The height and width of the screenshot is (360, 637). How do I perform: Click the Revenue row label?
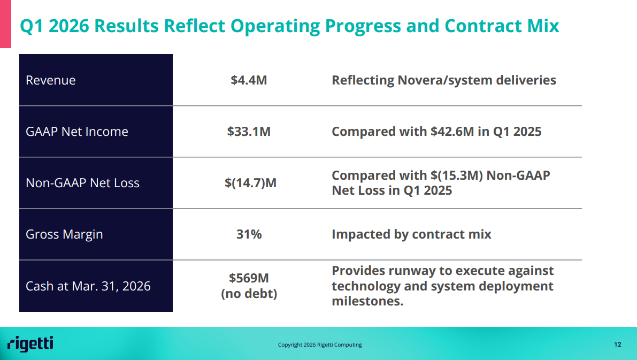(x=50, y=80)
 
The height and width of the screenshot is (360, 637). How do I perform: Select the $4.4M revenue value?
(x=249, y=80)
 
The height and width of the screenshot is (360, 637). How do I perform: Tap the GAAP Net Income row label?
(x=77, y=131)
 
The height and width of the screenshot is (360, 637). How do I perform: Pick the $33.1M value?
(x=249, y=131)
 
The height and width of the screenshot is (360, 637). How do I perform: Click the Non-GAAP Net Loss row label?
(x=82, y=183)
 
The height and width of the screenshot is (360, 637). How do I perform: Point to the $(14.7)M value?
(x=250, y=183)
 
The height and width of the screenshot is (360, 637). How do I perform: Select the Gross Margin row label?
(x=64, y=234)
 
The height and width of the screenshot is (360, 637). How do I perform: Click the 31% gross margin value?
(x=249, y=234)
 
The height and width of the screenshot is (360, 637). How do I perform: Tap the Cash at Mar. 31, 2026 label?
(x=88, y=286)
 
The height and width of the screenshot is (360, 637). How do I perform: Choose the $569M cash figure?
(x=249, y=278)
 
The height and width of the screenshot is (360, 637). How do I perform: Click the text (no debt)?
(x=249, y=293)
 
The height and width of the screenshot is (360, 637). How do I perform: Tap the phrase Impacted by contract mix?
(x=411, y=234)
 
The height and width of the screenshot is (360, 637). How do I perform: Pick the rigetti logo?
(x=30, y=344)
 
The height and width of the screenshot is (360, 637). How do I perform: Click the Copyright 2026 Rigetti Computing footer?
(x=320, y=344)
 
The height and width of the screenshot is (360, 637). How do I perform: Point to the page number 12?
(x=618, y=344)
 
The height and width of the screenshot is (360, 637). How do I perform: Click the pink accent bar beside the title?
(x=5, y=24)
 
